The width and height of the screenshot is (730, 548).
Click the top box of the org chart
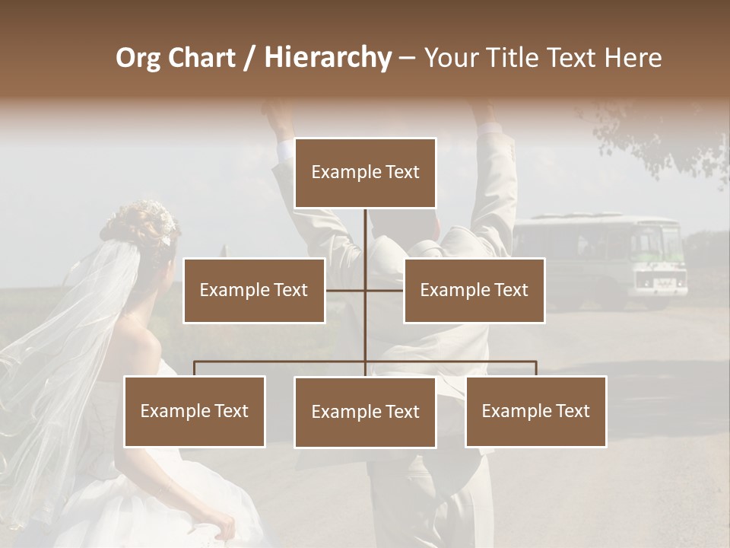[365, 173]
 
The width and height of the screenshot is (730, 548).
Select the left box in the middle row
[254, 290]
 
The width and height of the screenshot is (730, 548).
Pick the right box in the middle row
[474, 290]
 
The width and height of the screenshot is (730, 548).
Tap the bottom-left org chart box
[195, 411]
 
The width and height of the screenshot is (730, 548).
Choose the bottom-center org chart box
[365, 412]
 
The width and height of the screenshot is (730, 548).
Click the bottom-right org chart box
[535, 411]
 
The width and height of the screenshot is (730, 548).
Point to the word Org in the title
[138, 57]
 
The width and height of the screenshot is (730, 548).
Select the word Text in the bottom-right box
[573, 411]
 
